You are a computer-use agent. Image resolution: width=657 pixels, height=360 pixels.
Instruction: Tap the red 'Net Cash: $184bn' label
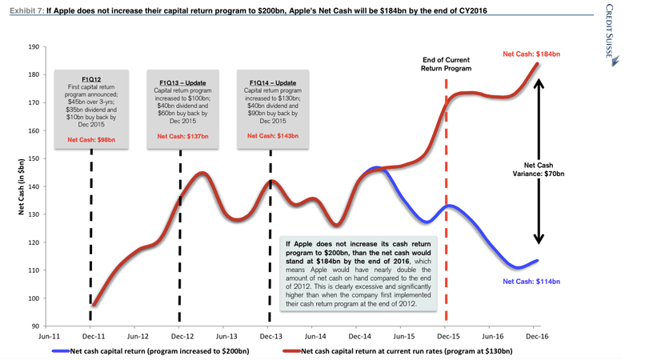[x=531, y=54]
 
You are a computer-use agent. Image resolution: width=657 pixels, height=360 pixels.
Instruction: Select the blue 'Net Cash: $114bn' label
[x=531, y=282]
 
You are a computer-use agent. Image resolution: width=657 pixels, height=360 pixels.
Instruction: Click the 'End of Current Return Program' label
[x=446, y=64]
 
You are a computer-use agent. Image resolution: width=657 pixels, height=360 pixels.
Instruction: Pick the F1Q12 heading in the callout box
[x=90, y=79]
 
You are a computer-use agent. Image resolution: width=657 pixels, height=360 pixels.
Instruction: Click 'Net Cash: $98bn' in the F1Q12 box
[x=90, y=139]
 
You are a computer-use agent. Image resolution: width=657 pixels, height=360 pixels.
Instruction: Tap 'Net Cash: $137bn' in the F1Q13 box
[x=182, y=136]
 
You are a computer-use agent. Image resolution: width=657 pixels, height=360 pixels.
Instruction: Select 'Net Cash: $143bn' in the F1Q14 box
[x=273, y=136]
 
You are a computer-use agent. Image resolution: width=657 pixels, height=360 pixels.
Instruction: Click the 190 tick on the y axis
[x=33, y=47]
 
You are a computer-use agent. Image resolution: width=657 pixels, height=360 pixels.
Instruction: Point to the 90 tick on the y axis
[x=34, y=326]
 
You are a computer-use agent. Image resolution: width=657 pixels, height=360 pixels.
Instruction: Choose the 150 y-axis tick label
[x=33, y=159]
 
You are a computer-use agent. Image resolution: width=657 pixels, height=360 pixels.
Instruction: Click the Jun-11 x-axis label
[x=48, y=338]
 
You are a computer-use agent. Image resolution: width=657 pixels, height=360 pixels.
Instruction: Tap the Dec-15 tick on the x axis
[x=447, y=338]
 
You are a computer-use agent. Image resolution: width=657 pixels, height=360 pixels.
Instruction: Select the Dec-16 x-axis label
[x=536, y=338]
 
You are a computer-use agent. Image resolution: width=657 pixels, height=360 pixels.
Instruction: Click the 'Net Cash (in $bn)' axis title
[x=20, y=187]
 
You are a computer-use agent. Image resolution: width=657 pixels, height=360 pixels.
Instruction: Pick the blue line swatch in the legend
[x=60, y=351]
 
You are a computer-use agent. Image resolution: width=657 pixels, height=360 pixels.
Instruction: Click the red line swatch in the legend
[x=292, y=351]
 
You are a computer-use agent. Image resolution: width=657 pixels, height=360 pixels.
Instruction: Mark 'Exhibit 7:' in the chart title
[x=25, y=11]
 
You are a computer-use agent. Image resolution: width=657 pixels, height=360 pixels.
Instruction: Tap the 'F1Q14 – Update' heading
[x=273, y=82]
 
